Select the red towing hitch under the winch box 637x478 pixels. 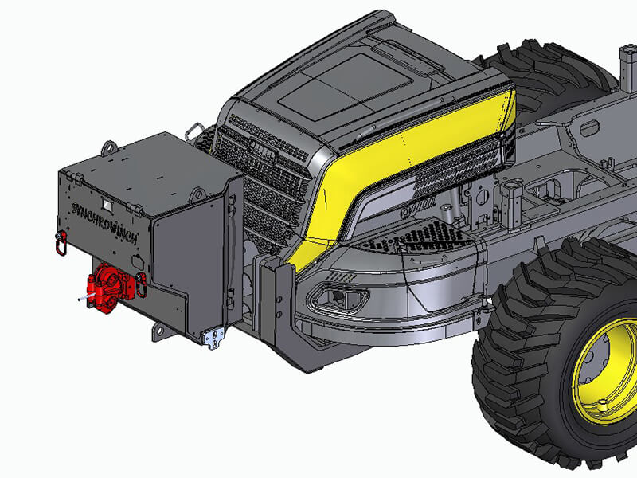click(103, 285)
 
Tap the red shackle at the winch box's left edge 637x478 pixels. click(60, 243)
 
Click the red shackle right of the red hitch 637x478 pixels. click(141, 284)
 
